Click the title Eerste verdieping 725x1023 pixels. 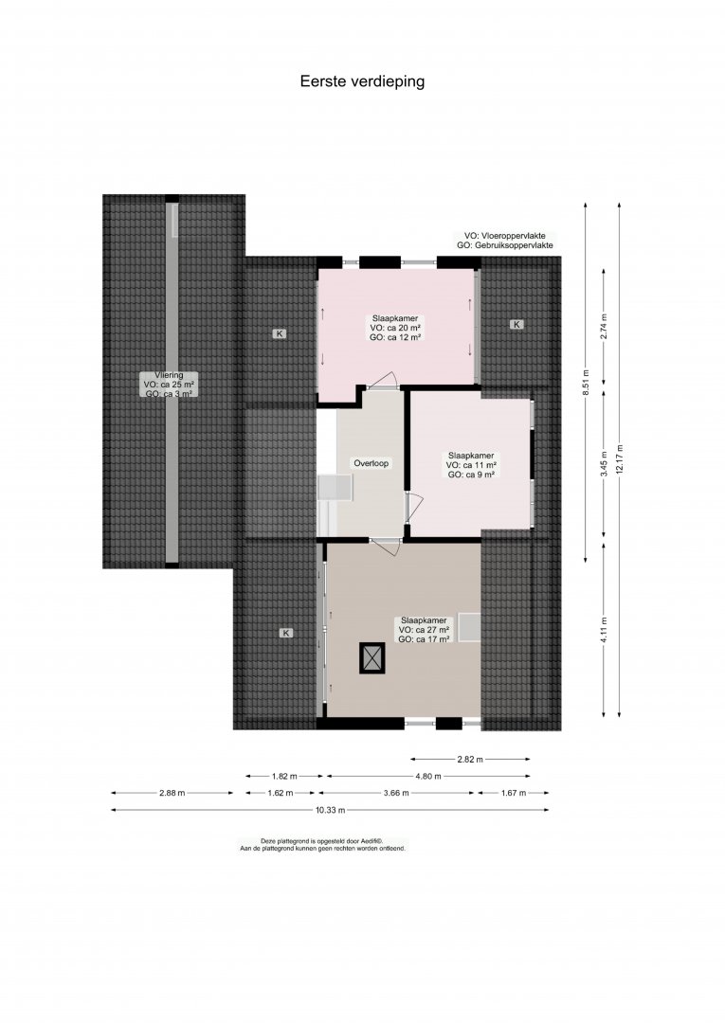362,81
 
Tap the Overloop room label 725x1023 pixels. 372,463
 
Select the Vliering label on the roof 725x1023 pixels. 169,375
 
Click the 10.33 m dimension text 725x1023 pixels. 330,810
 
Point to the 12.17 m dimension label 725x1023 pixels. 619,460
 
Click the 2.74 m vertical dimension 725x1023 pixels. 604,326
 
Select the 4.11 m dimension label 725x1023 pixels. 604,630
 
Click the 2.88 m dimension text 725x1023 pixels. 172,793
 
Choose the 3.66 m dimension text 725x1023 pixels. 395,793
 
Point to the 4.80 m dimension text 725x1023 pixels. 427,776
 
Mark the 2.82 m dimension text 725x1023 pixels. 470,759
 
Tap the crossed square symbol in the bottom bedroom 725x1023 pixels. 372,657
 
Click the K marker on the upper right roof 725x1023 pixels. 517,324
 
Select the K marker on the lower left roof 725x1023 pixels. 286,632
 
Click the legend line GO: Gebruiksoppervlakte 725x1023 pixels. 505,245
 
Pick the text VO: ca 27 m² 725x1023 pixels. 425,630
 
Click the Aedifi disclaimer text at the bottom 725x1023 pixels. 323,845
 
